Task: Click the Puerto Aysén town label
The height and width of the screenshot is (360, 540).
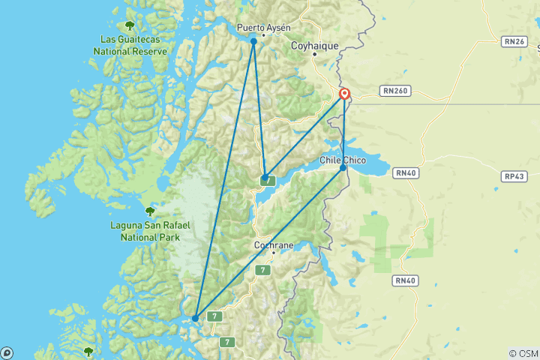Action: [263, 28]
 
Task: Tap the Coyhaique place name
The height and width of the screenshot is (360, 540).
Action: [315, 46]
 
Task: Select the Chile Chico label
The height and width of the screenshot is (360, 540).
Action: [342, 160]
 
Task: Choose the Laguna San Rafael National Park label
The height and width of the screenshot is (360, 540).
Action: [150, 232]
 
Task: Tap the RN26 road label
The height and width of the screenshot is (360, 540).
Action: [515, 41]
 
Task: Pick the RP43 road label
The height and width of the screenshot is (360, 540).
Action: [515, 176]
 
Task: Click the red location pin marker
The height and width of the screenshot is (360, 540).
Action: [344, 94]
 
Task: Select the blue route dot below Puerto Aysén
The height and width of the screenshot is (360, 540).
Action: [253, 41]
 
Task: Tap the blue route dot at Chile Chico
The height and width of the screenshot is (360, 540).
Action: [343, 167]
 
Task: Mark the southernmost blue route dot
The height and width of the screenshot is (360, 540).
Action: [195, 318]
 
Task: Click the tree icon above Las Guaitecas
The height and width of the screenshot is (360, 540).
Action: [130, 25]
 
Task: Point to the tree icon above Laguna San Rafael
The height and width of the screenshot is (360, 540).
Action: [150, 211]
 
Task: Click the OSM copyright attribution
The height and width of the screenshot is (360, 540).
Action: [523, 353]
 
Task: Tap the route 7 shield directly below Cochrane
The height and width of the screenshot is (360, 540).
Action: [262, 270]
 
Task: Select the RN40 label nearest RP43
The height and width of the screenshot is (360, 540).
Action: [406, 173]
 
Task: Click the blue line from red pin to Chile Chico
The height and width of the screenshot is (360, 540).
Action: [343, 131]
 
